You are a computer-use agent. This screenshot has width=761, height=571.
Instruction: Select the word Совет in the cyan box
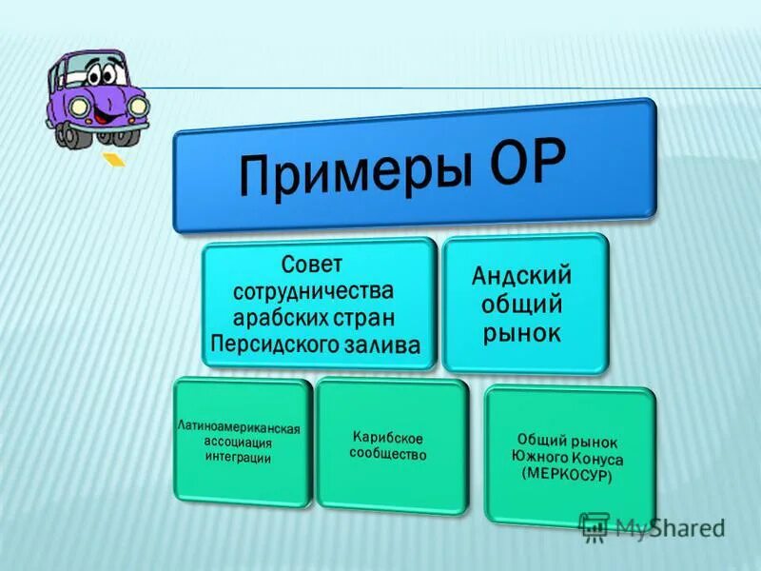coord(311,262)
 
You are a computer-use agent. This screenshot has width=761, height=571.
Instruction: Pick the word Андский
coord(522,277)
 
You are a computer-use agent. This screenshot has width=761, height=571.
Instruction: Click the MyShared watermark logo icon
coord(595,526)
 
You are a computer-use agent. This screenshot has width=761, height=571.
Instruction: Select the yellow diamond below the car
coord(113,159)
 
